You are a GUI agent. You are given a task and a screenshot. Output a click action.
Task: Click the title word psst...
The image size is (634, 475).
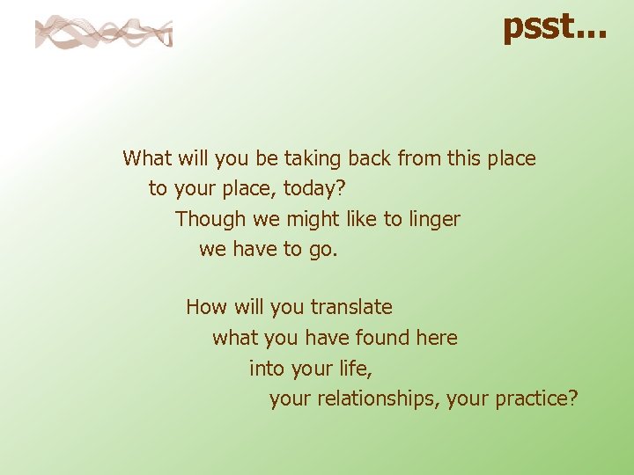point(553,26)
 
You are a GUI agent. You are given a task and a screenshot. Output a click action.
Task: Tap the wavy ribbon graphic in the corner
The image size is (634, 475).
point(103,33)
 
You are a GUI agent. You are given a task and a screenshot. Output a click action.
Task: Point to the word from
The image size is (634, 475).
point(419,158)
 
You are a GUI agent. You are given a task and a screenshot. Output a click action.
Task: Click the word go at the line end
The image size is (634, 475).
point(322,249)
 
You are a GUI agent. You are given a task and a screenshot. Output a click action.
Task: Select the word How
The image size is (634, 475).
point(206,307)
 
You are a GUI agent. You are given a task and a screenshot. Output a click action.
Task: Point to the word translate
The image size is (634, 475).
point(351,307)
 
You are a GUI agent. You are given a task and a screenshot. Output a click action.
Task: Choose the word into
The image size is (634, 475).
point(266,368)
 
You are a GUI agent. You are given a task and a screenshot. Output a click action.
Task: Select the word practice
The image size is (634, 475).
point(536,398)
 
